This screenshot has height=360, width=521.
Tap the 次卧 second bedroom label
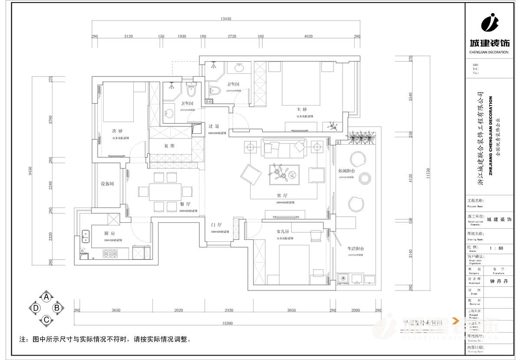(x=117, y=131)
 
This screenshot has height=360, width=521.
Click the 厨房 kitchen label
(x=110, y=234)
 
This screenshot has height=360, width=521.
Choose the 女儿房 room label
(x=283, y=231)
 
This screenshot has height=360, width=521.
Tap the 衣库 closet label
(x=169, y=146)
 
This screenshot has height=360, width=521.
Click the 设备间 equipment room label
(x=107, y=184)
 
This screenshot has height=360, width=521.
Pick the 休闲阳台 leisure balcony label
(x=347, y=171)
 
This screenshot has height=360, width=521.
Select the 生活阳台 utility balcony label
(x=355, y=248)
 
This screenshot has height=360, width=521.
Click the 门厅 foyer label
(x=216, y=225)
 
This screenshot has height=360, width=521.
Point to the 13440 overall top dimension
(x=226, y=19)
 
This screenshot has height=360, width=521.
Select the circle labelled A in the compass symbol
(x=46, y=297)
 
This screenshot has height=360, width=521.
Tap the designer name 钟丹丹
(x=498, y=281)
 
